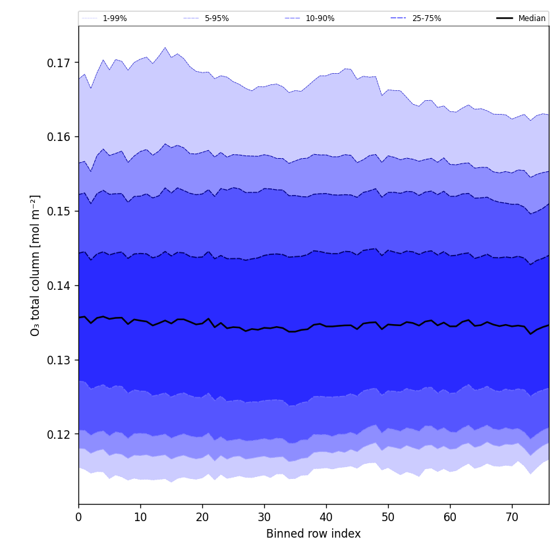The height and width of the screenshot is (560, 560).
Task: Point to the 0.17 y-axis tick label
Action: point(59,63)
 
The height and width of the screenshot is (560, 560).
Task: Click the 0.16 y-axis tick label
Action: point(59,137)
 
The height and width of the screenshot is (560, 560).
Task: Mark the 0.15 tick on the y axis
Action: point(59,211)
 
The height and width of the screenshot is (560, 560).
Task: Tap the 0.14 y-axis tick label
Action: point(59,286)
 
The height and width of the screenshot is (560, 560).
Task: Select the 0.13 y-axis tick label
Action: point(59,360)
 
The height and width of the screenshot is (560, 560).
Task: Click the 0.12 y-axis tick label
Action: point(59,435)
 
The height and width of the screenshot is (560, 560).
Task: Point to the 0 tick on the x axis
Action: point(78,518)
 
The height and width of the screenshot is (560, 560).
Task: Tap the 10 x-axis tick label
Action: point(140,518)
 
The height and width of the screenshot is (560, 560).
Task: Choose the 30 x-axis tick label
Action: point(264,518)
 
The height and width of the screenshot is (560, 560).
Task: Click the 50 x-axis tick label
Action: point(388,518)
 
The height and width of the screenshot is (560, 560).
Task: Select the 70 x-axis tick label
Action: point(512,518)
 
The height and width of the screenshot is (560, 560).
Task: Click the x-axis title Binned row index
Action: point(314,534)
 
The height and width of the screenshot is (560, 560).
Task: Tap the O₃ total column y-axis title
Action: point(36,265)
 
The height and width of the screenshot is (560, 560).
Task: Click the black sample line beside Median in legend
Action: point(505,18)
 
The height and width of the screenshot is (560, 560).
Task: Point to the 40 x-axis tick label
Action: point(326,518)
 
